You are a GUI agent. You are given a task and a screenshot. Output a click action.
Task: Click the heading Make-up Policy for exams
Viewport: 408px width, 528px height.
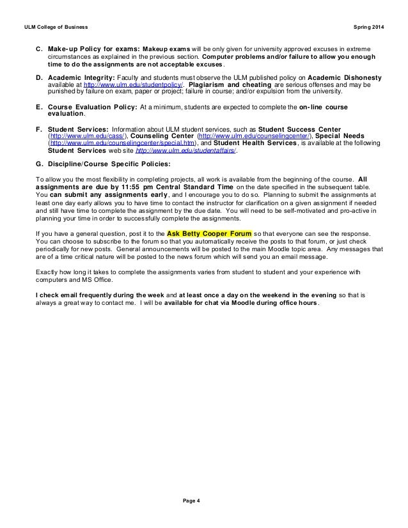tap(93, 49)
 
